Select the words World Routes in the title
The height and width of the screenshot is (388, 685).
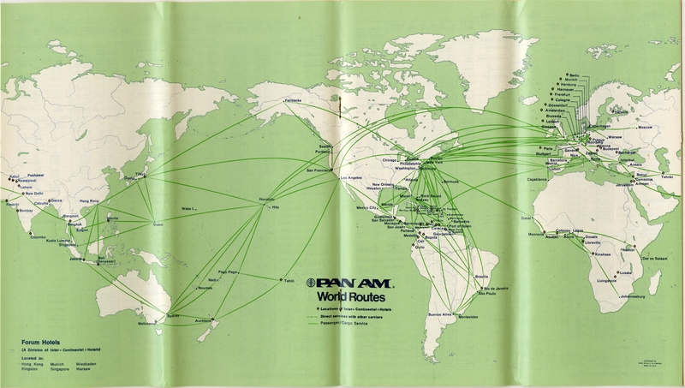pos(351,295)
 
